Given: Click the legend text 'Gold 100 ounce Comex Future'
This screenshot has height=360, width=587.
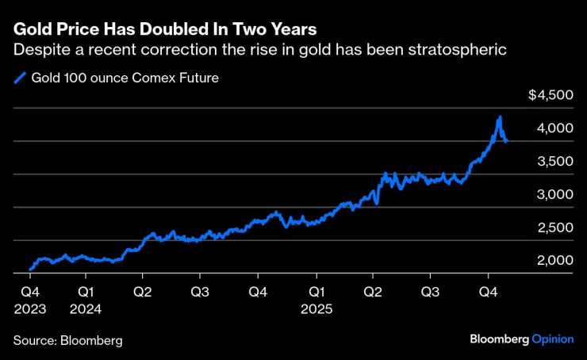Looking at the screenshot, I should (x=125, y=78).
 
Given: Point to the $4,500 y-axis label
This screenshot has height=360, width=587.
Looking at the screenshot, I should (x=551, y=95).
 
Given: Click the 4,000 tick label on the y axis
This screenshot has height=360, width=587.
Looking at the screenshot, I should (x=554, y=128).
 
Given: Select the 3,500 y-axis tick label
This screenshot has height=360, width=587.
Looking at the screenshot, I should (x=554, y=162).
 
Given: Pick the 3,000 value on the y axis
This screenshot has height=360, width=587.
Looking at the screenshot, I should (x=554, y=195).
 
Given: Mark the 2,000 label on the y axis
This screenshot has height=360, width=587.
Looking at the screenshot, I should (x=554, y=261).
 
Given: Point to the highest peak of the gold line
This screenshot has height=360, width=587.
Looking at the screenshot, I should (x=499, y=117).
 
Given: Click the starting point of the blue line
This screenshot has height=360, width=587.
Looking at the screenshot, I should (x=30, y=270).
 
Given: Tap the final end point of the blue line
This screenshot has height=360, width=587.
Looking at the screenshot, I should (x=506, y=141).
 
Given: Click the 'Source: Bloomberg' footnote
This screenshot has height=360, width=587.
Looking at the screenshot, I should (x=67, y=340).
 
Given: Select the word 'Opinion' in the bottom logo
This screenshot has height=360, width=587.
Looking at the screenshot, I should (x=552, y=339).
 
